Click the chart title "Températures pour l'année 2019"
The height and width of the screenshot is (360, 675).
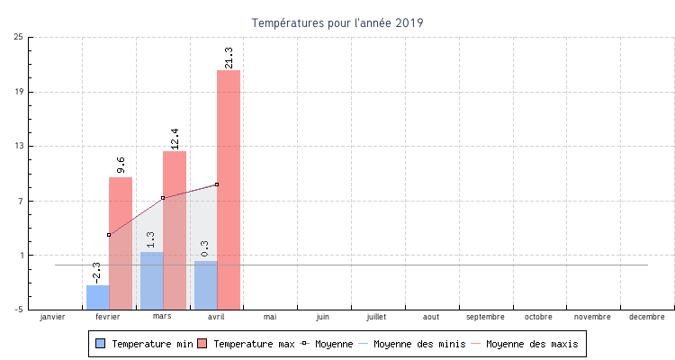[x=337, y=22]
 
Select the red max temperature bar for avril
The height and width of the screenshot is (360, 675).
[x=229, y=189]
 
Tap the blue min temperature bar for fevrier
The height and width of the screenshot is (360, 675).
[x=98, y=297]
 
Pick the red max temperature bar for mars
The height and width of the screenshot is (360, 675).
[x=175, y=229]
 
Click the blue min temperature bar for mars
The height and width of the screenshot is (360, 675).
[x=152, y=281]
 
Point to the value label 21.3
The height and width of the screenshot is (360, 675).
[x=229, y=58]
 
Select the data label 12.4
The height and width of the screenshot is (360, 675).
[x=175, y=139]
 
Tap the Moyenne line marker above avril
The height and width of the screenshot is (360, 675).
[x=217, y=184]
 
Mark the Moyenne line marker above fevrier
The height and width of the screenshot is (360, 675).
[x=109, y=235]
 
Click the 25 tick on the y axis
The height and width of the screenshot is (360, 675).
[x=19, y=38]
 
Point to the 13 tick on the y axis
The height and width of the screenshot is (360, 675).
[x=19, y=146]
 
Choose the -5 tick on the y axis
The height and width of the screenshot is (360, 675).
[x=19, y=310]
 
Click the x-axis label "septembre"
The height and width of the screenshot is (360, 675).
[x=486, y=317]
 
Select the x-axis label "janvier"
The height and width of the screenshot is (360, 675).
[x=53, y=317]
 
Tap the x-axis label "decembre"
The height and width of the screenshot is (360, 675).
[x=647, y=317]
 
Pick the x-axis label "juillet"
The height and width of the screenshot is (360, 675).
[x=377, y=317]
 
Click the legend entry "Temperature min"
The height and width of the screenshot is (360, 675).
[x=151, y=344]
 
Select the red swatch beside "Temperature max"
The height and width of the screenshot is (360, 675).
[x=202, y=344]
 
